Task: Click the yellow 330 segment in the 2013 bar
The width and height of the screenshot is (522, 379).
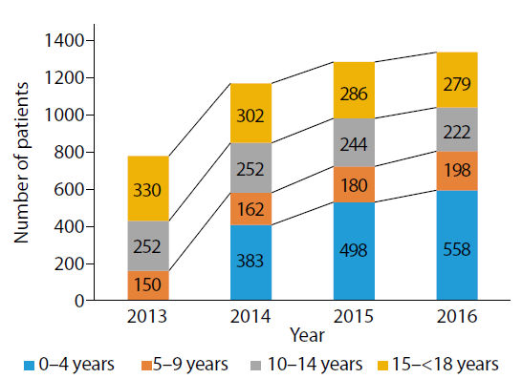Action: (148, 188)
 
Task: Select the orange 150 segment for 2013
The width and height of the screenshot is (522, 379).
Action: (148, 285)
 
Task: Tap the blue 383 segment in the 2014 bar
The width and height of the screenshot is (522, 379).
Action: (251, 263)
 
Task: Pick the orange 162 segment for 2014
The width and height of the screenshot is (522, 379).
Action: (251, 209)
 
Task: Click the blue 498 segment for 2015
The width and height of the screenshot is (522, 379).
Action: (354, 251)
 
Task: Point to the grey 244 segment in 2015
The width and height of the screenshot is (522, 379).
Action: (354, 142)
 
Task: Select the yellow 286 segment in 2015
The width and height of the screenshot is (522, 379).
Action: (354, 90)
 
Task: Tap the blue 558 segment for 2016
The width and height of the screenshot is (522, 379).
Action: (457, 245)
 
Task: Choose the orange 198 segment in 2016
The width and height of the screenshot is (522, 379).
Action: (457, 171)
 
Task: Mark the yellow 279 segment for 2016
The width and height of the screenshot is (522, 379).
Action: (457, 80)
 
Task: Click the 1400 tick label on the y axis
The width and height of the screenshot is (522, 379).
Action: (64, 41)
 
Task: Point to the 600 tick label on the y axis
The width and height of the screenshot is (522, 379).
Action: (69, 190)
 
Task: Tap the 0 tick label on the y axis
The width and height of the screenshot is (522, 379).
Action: (79, 301)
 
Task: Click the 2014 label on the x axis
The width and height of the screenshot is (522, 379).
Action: (250, 316)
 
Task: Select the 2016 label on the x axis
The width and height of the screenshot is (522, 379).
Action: (457, 316)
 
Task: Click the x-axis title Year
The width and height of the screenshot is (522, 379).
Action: (307, 335)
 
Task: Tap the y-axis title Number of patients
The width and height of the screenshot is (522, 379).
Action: (21, 162)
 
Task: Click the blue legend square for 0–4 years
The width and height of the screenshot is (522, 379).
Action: (29, 366)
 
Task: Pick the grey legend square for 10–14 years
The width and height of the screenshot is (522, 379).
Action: (255, 366)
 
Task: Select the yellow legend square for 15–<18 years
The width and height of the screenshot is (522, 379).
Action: (382, 366)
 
